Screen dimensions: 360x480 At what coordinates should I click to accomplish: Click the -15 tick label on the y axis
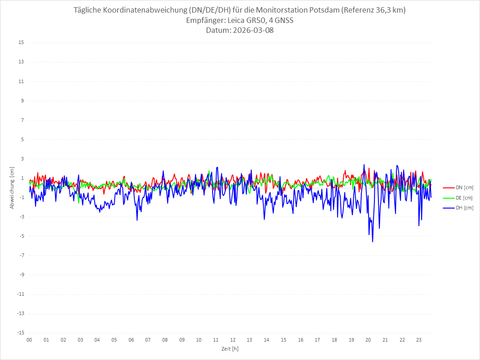tap(21, 333)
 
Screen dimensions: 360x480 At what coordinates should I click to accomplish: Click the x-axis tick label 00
tap(29, 340)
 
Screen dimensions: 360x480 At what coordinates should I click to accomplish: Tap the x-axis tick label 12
tap(233, 340)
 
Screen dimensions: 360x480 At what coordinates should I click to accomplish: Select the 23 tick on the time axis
tap(419, 340)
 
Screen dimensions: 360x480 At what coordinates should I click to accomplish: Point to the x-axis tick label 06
tap(131, 340)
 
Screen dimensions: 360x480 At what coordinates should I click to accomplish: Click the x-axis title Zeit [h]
tap(230, 348)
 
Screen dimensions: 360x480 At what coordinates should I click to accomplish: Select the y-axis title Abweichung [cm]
tap(12, 188)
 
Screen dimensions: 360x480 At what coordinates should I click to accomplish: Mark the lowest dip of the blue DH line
tap(373, 242)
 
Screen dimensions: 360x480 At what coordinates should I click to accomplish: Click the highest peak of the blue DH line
tap(364, 164)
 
